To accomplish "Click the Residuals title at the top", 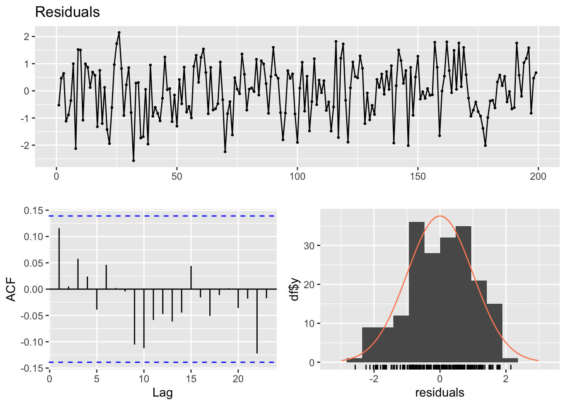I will pyautogui.click(x=67, y=12).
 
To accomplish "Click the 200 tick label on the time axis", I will pyautogui.click(x=538, y=176).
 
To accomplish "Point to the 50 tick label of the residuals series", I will pyautogui.click(x=177, y=176).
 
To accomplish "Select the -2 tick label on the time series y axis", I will pyautogui.click(x=26, y=146).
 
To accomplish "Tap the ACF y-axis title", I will pyautogui.click(x=11, y=289).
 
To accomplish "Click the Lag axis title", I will pyautogui.click(x=163, y=393).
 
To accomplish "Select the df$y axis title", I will pyautogui.click(x=295, y=289).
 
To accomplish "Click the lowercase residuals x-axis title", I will pyautogui.click(x=440, y=393).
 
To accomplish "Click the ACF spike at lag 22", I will pyautogui.click(x=257, y=321).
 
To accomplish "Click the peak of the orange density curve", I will pyautogui.click(x=440, y=216).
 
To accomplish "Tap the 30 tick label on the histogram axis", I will pyautogui.click(x=310, y=246).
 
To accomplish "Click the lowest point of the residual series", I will pyautogui.click(x=133, y=160).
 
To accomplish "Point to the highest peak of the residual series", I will pyautogui.click(x=119, y=32).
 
